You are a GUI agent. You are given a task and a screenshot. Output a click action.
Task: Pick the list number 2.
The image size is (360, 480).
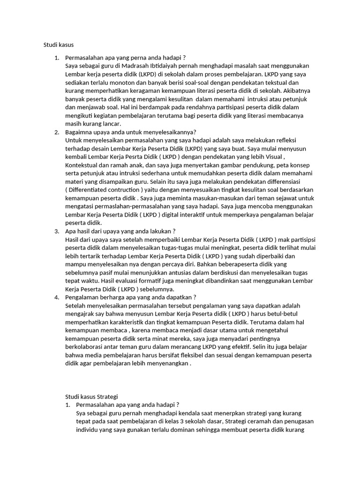(56, 132)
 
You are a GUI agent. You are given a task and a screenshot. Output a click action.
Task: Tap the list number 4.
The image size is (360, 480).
(56, 297)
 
